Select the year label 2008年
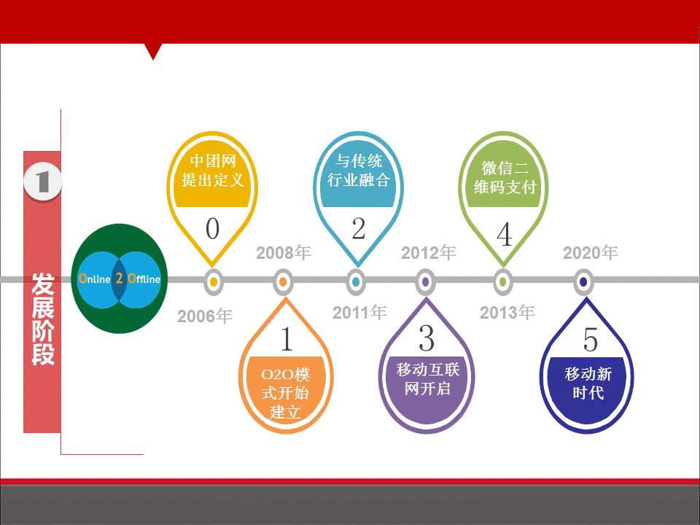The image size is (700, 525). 284,253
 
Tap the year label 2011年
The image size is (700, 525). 359,313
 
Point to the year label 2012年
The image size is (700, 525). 429,253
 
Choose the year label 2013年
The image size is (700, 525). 507,313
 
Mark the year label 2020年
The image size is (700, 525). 591,253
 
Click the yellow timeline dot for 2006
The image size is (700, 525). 213,281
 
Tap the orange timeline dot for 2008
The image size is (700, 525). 284,281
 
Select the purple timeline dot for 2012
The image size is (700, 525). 426,281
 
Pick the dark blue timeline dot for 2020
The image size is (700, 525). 582,281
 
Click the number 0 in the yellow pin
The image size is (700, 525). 212,229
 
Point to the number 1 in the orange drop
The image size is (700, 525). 287,340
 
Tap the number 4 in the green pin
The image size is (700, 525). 504,236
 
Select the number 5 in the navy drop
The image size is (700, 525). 590,340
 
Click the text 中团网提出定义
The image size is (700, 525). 212,170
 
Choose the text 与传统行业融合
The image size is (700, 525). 358,170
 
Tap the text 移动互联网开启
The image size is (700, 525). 428,378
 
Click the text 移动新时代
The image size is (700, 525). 588,384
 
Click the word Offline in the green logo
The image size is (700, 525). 144,279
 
